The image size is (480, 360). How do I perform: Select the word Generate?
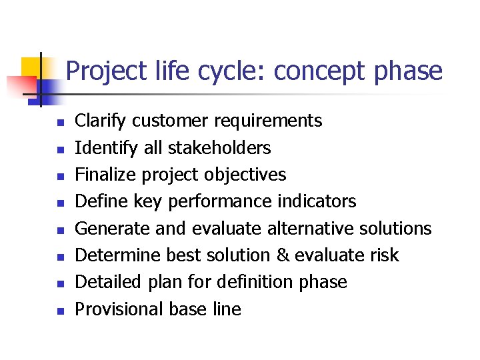click(112, 228)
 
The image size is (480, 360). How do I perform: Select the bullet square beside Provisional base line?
click(59, 311)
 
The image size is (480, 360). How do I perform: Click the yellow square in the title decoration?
click(31, 69)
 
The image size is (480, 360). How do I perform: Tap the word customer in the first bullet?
click(169, 121)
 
